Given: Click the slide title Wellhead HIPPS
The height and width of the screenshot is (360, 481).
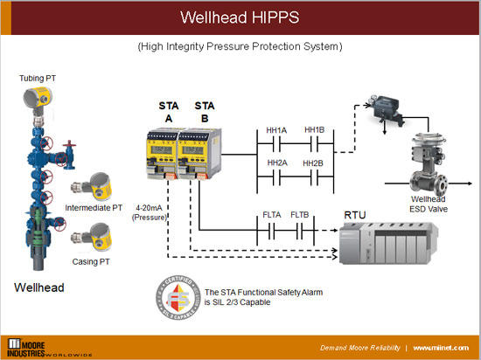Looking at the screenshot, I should point(240,17).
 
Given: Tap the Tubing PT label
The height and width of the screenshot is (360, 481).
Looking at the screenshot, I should point(38,79).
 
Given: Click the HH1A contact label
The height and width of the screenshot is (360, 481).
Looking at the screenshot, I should point(276,130).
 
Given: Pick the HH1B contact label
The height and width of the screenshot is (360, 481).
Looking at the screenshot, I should point(314,130).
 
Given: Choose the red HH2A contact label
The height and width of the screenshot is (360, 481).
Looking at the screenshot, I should point(276,163).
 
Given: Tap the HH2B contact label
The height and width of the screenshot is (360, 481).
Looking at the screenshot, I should point(314,163).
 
